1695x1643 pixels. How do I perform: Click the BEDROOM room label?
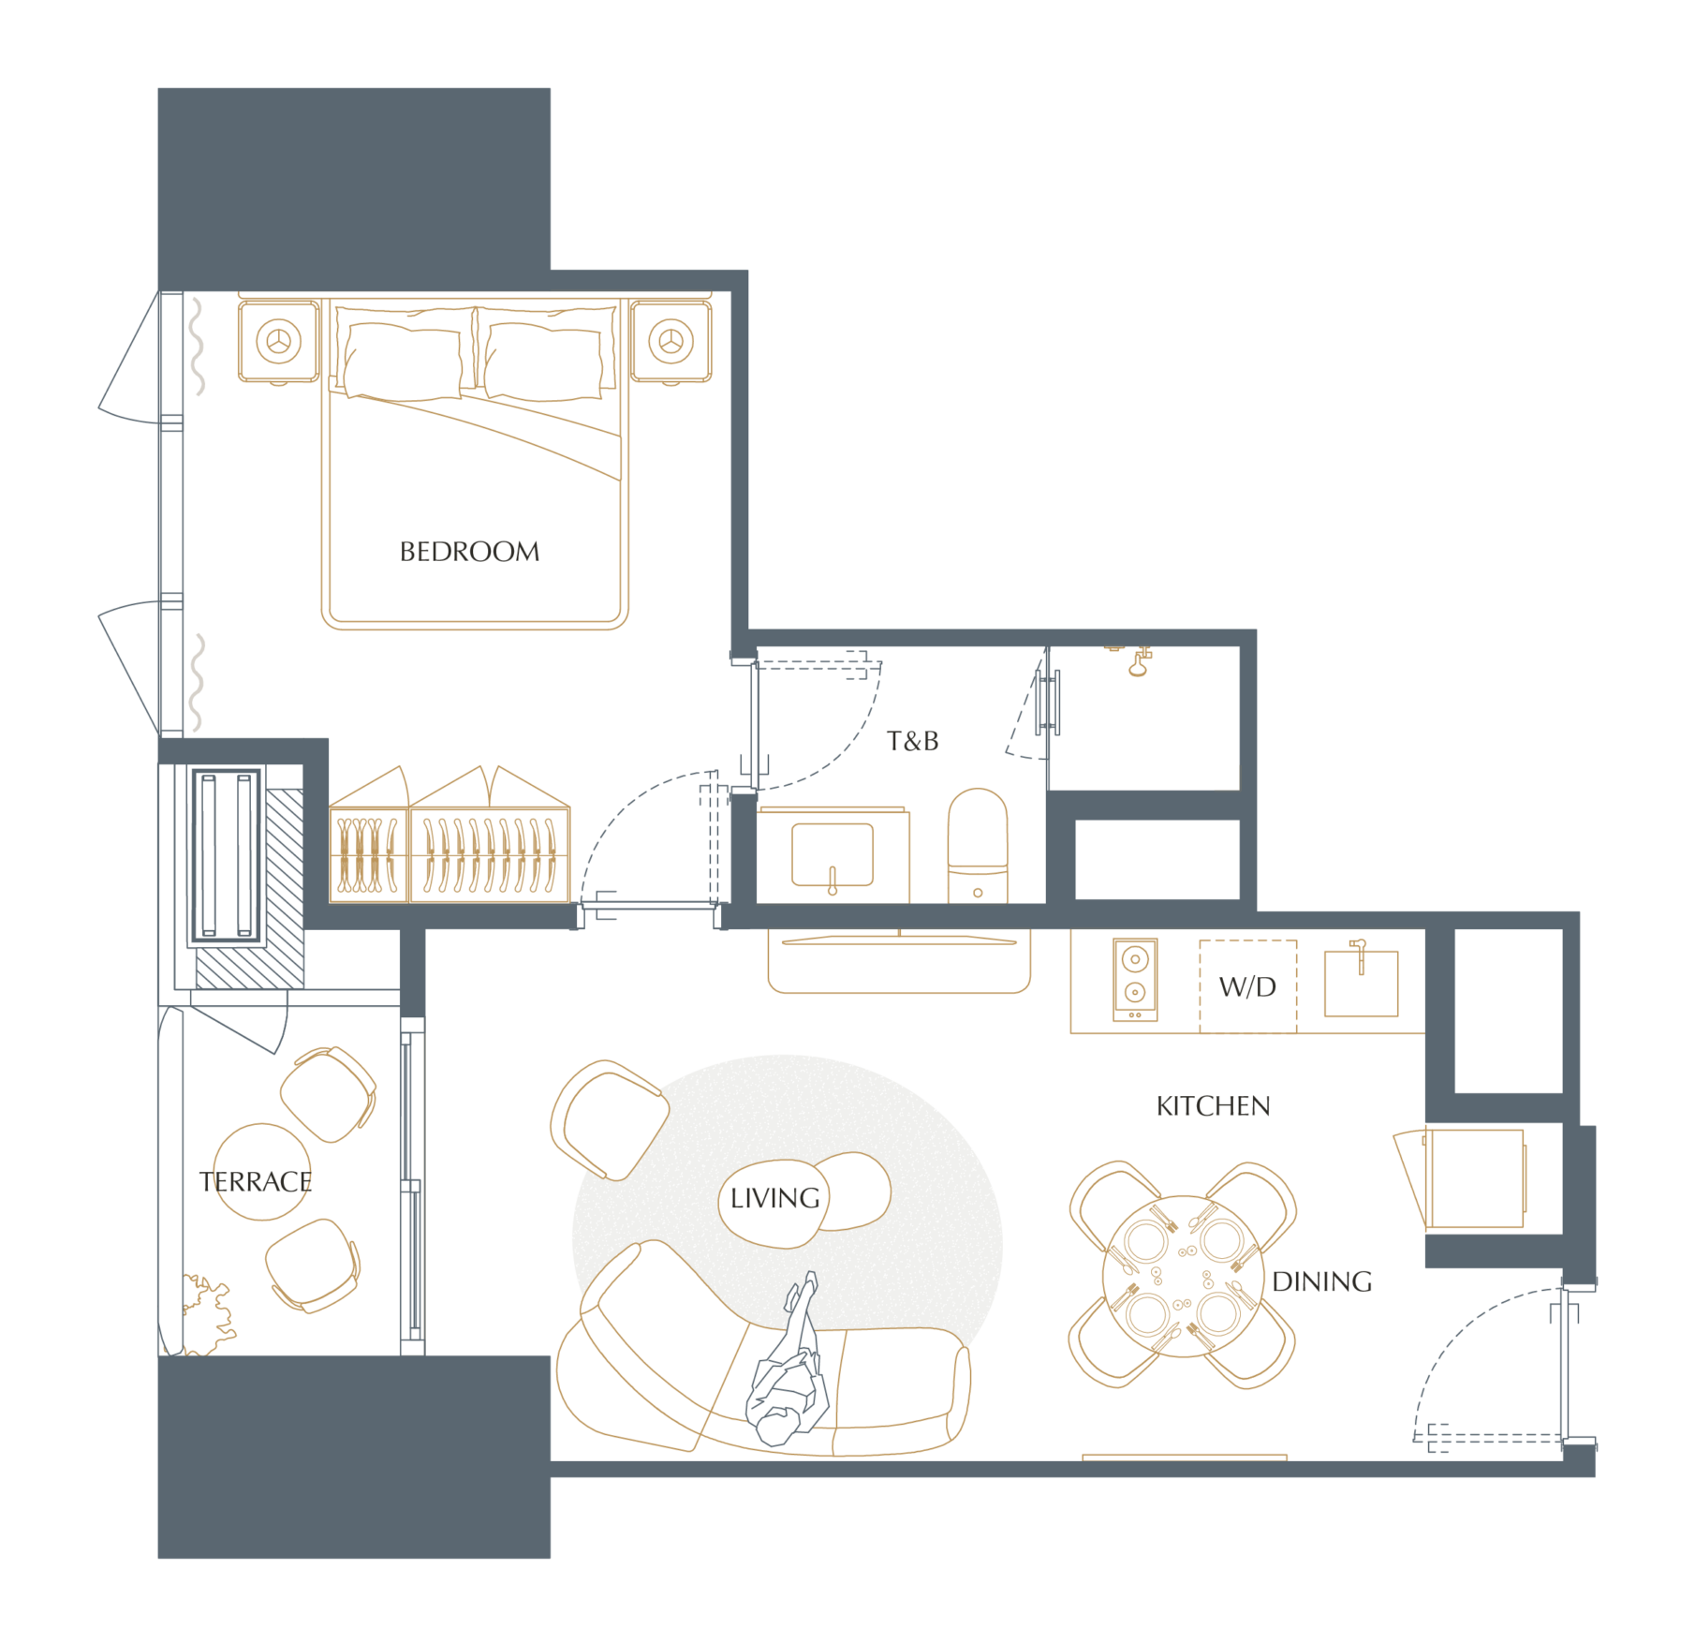[x=469, y=552]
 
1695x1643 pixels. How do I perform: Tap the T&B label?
[x=913, y=741]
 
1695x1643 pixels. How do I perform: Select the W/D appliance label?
[x=1247, y=986]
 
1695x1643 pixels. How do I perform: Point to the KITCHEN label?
[x=1213, y=1106]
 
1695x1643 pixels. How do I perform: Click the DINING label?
[x=1322, y=1281]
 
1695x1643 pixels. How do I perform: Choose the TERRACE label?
[x=256, y=1182]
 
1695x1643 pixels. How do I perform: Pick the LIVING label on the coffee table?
[x=774, y=1198]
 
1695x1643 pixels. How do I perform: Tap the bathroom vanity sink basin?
[x=833, y=854]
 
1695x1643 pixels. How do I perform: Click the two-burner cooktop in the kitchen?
[x=1135, y=979]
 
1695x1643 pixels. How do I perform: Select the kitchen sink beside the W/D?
[x=1361, y=983]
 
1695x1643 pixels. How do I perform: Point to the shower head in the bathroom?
[x=1139, y=662]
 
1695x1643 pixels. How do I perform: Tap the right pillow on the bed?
[x=542, y=362]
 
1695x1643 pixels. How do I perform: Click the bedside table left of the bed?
[x=279, y=341]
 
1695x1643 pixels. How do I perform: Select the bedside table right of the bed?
[x=671, y=341]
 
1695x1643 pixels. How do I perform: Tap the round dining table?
[x=1184, y=1276]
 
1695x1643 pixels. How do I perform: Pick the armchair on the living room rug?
[x=610, y=1119]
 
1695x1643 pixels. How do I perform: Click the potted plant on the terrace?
[x=207, y=1314]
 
